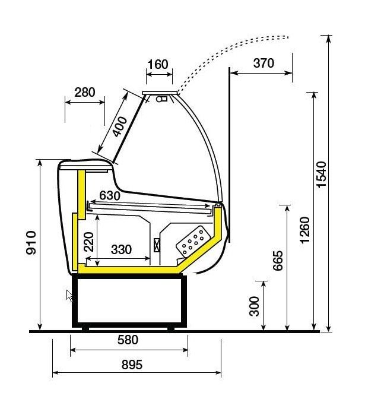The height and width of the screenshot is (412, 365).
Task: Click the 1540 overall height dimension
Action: [322, 175]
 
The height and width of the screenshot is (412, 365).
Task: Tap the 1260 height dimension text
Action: [305, 230]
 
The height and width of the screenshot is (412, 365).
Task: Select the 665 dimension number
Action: [278, 261]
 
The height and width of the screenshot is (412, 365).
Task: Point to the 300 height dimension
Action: [254, 306]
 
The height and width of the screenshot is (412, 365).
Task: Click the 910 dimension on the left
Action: [31, 242]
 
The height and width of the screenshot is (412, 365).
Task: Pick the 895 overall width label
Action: [132, 365]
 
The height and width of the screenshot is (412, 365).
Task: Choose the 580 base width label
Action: [128, 340]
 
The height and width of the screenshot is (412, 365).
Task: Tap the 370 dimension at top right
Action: [264, 63]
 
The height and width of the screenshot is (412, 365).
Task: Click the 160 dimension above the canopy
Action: [158, 64]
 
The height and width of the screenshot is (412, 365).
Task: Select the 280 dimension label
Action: [84, 92]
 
